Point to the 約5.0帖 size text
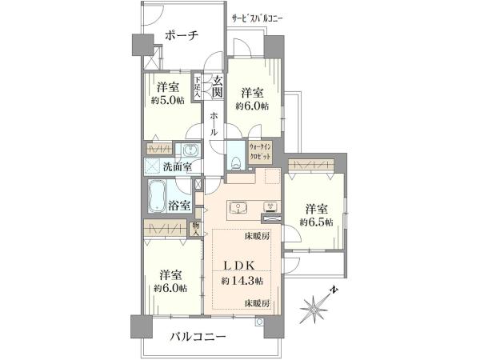coord(166,102)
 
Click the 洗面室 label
coord(177,167)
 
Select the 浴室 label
coord(179,206)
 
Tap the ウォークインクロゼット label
coord(264,152)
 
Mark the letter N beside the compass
coord(335,289)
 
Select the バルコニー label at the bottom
coord(198,338)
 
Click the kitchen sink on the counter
coord(238,208)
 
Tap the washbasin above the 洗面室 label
coord(191,151)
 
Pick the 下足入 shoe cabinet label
coord(197,86)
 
